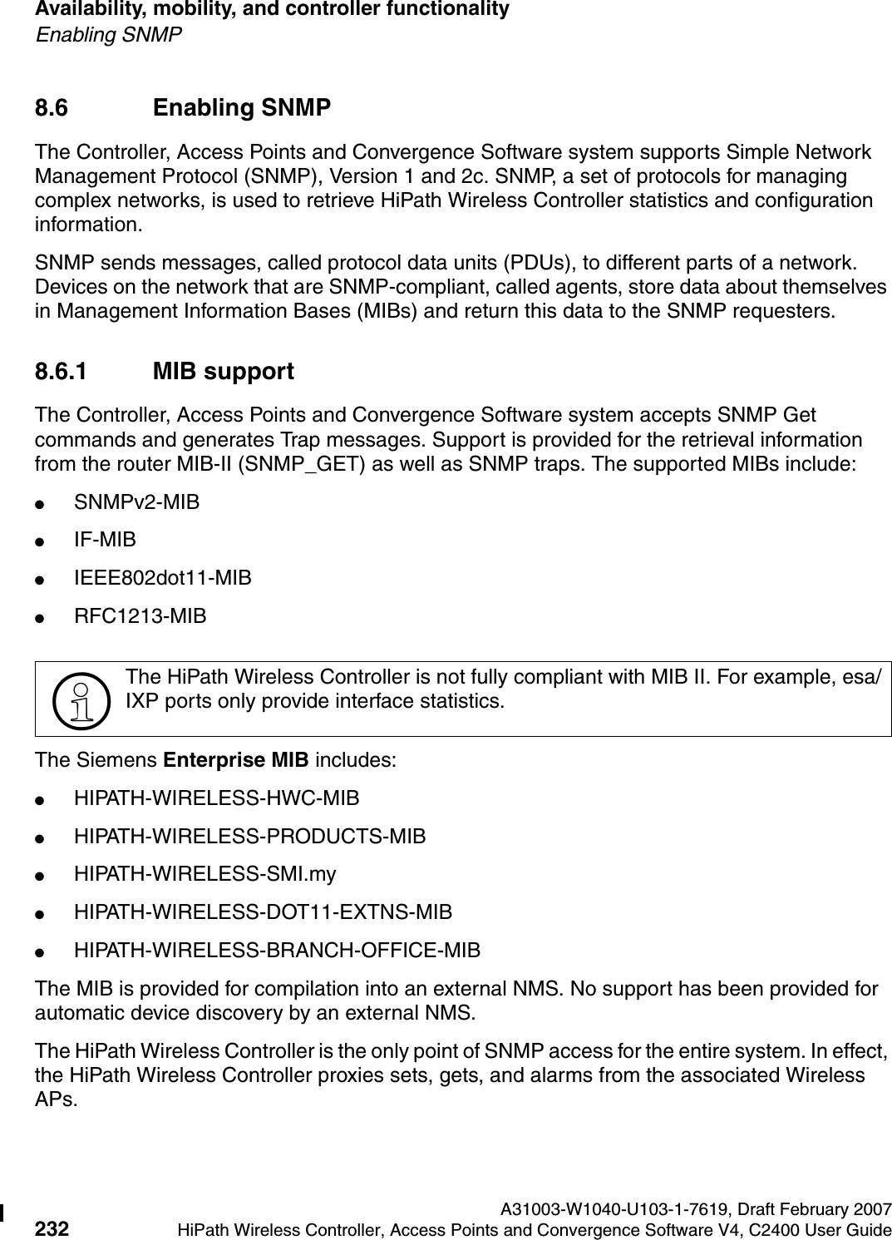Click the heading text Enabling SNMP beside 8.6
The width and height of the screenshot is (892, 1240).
pos(242,108)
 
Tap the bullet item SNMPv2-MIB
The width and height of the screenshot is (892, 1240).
pos(136,502)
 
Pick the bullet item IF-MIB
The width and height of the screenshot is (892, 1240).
pos(105,541)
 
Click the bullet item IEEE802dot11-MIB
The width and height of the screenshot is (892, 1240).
pos(163,578)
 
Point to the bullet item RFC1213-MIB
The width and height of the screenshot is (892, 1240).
pos(140,616)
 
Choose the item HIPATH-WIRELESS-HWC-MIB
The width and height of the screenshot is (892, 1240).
pos(217,798)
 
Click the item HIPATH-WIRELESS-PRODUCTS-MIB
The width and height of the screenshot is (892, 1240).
pos(250,837)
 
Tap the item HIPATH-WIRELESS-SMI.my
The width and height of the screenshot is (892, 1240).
pos(205,874)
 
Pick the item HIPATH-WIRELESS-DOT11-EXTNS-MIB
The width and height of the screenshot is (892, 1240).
pos(264,912)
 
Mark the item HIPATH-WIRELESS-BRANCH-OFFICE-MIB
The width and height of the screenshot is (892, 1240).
pos(278,951)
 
